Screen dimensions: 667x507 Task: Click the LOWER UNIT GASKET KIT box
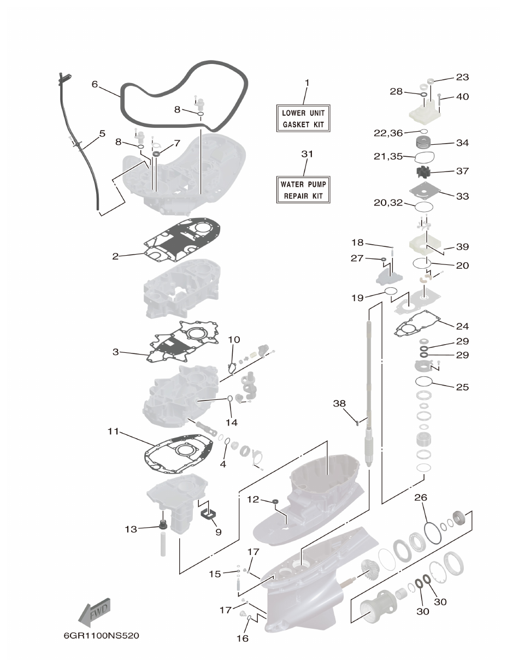click(303, 119)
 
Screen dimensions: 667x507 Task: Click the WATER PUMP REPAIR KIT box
click(303, 190)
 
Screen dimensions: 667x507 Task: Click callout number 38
click(339, 403)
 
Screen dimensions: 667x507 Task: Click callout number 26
click(421, 498)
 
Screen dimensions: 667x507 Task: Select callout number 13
click(131, 529)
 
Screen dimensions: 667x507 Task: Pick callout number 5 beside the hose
click(102, 133)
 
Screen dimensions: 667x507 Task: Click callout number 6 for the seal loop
click(95, 84)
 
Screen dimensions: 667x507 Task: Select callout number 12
click(252, 499)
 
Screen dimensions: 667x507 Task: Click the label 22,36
click(387, 133)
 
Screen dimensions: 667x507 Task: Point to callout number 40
click(462, 97)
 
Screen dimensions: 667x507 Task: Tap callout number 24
click(462, 326)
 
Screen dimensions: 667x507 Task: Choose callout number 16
click(242, 638)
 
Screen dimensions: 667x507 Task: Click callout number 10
click(234, 339)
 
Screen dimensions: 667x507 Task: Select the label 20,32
click(388, 203)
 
